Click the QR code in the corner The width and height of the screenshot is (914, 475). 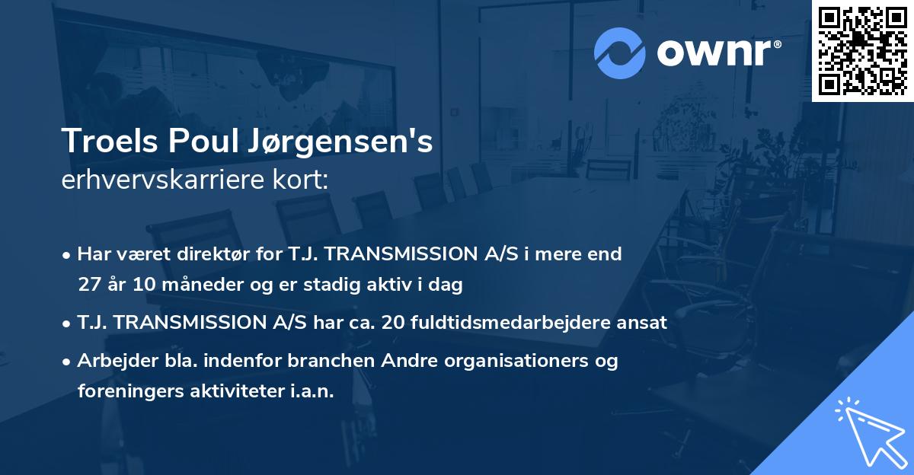point(862,51)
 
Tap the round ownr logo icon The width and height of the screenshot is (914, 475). point(620,53)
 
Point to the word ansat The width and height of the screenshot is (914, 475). point(644,323)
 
